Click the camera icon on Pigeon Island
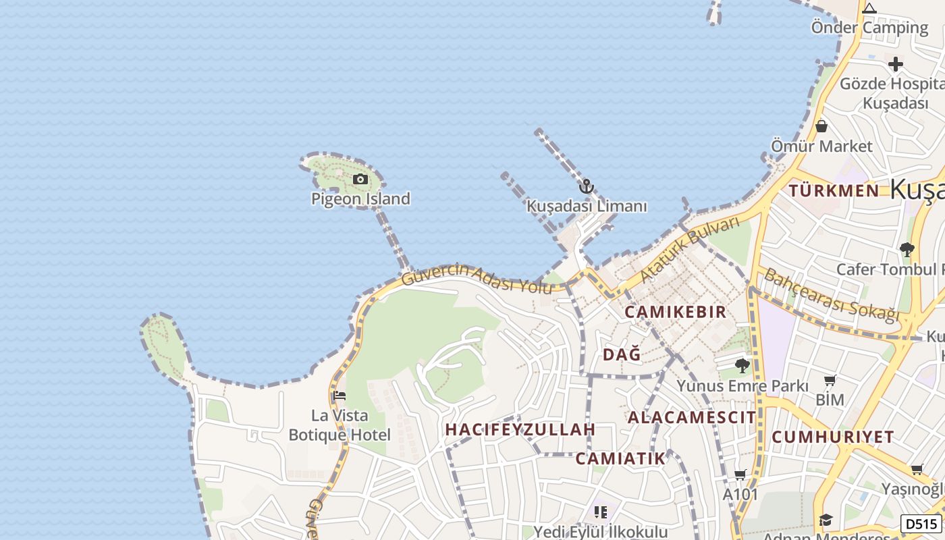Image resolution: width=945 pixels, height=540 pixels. (360, 179)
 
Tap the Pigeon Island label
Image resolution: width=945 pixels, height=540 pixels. (360, 198)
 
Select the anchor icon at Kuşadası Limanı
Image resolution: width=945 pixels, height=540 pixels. (587, 186)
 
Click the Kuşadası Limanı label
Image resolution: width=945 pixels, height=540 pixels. (587, 206)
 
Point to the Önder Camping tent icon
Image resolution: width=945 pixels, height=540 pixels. (869, 9)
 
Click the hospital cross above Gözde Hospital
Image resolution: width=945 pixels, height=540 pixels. (896, 64)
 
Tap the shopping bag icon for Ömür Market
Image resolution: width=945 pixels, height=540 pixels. (821, 126)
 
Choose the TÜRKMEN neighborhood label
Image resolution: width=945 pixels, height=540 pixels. (834, 190)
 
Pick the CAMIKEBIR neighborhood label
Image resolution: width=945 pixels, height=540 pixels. (675, 312)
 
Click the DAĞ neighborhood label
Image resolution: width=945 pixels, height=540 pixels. (622, 354)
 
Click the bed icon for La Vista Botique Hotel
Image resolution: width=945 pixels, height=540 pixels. (339, 396)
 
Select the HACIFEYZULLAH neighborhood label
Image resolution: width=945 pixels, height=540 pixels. (520, 429)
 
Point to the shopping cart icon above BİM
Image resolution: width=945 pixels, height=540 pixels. (830, 381)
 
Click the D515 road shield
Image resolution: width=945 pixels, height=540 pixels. (921, 523)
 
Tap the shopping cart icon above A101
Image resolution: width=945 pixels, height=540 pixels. (740, 475)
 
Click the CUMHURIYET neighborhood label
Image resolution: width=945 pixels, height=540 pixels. (832, 437)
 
